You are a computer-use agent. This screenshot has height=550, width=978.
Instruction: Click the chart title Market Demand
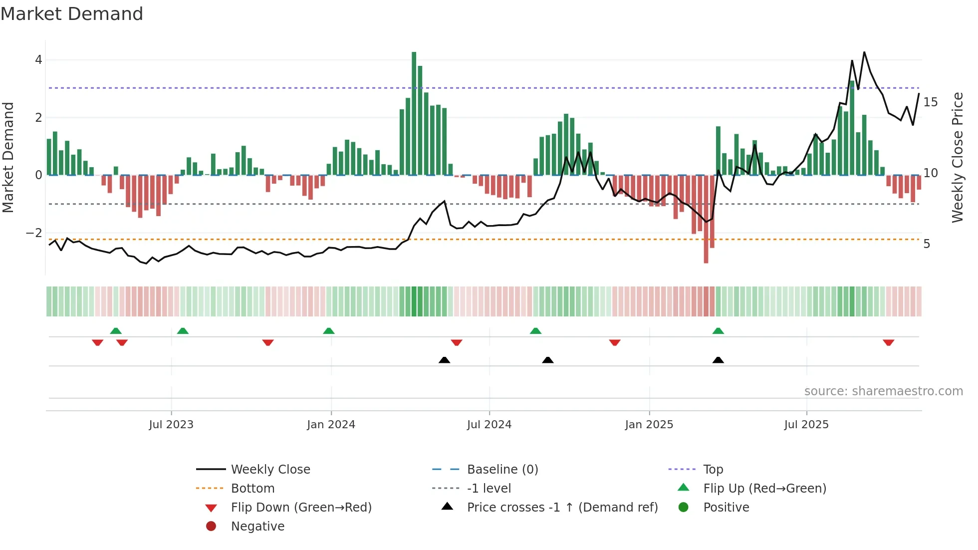(72, 14)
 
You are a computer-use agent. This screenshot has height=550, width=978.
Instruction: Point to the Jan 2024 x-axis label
(331, 425)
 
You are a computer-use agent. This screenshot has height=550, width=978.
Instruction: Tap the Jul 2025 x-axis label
(806, 425)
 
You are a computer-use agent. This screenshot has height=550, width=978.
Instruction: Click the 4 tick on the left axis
(38, 60)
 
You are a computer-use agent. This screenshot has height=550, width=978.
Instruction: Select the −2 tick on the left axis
(34, 233)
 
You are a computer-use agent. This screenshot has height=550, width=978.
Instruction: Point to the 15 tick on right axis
(931, 102)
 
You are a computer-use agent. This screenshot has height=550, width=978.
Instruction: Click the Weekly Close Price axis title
(957, 157)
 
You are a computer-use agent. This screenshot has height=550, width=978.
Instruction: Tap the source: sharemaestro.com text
(883, 391)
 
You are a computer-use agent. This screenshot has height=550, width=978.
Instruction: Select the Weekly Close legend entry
(270, 470)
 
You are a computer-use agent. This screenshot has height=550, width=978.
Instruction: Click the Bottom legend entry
(252, 489)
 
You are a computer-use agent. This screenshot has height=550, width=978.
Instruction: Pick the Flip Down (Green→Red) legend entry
(301, 508)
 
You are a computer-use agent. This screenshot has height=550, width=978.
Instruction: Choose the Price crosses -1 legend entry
(562, 508)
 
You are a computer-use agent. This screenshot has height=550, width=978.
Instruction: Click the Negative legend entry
(257, 527)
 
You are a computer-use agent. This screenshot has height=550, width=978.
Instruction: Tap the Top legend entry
(713, 470)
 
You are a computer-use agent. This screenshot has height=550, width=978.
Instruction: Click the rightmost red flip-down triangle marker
(888, 342)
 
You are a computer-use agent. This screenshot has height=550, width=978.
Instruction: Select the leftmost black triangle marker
(444, 360)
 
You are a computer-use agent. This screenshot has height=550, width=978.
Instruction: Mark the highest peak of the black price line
(864, 52)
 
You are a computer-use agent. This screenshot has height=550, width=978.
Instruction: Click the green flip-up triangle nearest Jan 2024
(328, 331)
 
